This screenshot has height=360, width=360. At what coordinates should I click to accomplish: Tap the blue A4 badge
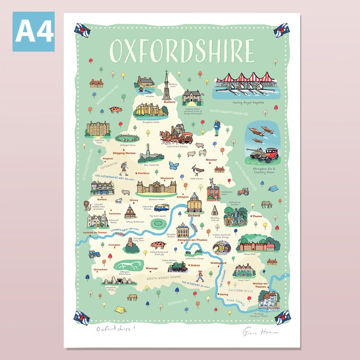(34, 31)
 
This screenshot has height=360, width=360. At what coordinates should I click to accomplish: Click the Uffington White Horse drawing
(129, 265)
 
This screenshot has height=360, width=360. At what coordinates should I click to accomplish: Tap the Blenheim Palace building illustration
(156, 187)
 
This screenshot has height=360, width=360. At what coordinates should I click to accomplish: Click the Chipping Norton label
(124, 153)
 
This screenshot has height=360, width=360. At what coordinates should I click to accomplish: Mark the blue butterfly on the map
(174, 165)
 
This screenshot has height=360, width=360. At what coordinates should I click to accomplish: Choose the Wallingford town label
(218, 263)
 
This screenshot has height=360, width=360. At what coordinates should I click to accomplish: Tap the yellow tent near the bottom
(120, 309)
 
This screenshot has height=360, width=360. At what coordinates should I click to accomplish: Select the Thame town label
(257, 217)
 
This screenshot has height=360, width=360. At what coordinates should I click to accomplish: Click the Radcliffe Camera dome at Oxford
(194, 202)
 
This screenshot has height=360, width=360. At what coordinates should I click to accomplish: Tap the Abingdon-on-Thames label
(193, 240)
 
